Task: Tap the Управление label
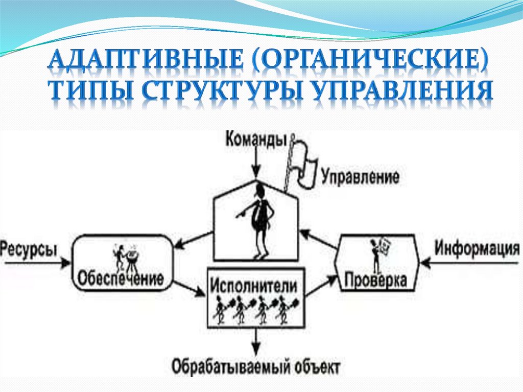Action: (x=360, y=177)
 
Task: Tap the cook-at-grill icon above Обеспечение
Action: (x=125, y=256)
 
